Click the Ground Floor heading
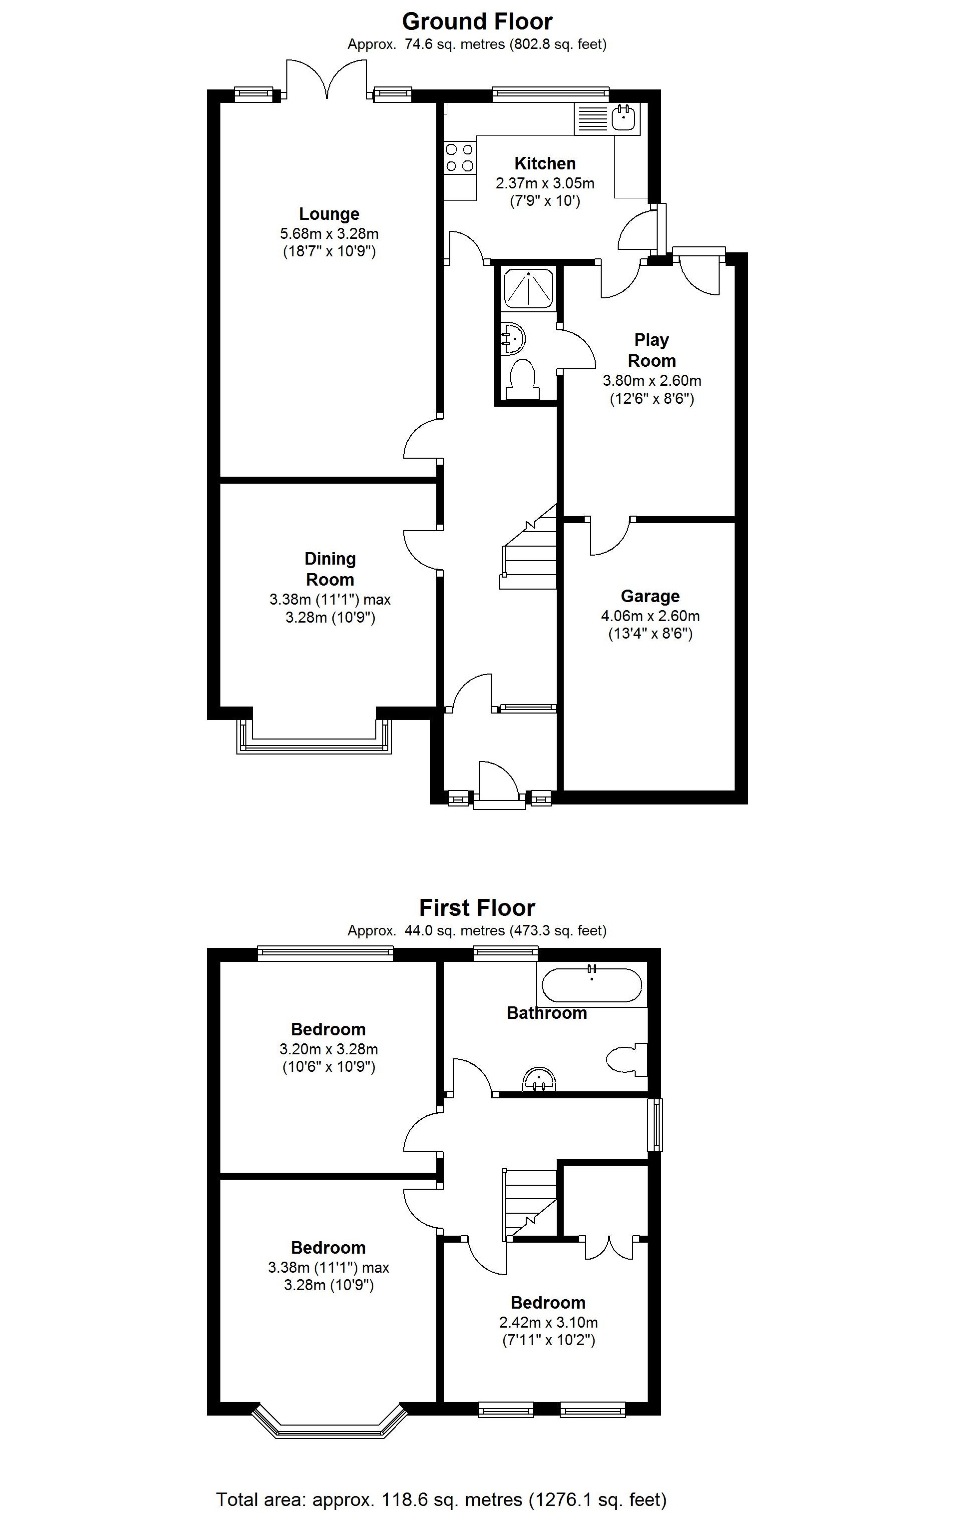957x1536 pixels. [x=477, y=22]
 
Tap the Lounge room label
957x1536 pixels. [x=329, y=214]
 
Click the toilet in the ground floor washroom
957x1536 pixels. [x=523, y=378]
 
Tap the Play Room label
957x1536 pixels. [x=651, y=350]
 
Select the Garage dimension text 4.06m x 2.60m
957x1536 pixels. [x=650, y=616]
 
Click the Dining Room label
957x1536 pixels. [x=330, y=569]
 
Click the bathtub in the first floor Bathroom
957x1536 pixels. [x=592, y=985]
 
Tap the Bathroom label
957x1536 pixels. [x=547, y=1013]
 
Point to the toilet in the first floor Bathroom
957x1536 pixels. [x=627, y=1059]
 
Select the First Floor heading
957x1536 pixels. [x=477, y=908]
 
